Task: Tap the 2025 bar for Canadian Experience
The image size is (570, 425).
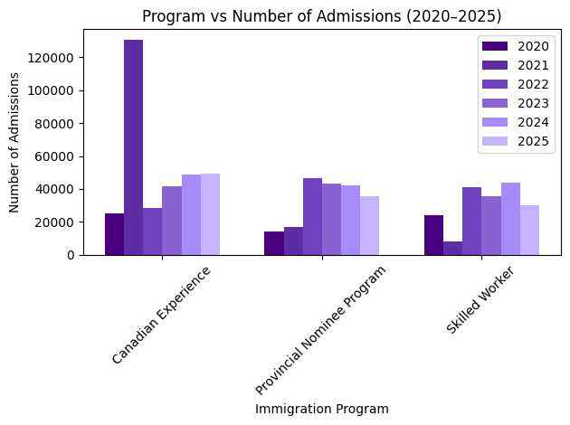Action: pyautogui.click(x=210, y=214)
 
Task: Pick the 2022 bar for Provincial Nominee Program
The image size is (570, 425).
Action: pyautogui.click(x=312, y=217)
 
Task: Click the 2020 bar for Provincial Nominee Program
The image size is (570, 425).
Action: pyautogui.click(x=274, y=243)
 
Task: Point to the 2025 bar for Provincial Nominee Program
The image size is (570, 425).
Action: pyautogui.click(x=369, y=226)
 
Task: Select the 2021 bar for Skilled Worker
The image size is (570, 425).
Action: pyautogui.click(x=452, y=248)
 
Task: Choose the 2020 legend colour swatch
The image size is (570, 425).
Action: pyautogui.click(x=495, y=46)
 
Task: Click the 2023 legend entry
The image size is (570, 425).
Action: pyautogui.click(x=532, y=103)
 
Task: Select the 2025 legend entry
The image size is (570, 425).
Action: pyautogui.click(x=532, y=140)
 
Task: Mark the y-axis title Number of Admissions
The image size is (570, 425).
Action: pyautogui.click(x=15, y=142)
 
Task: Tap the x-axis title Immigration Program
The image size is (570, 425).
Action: pyautogui.click(x=321, y=409)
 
